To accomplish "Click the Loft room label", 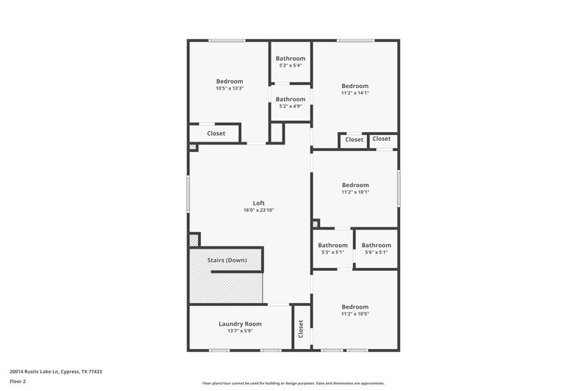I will pyautogui.click(x=258, y=203).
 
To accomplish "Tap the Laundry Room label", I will pyautogui.click(x=240, y=324).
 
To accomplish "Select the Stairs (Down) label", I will pyautogui.click(x=227, y=260).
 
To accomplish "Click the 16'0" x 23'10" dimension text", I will pyautogui.click(x=258, y=211).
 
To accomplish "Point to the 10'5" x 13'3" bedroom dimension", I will pyautogui.click(x=229, y=89).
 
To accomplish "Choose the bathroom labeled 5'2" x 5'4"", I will pyautogui.click(x=290, y=62).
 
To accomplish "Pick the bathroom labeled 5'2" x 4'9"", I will pyautogui.click(x=290, y=103).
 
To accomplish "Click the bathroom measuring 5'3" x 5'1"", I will pyautogui.click(x=332, y=249).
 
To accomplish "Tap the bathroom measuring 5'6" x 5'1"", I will pyautogui.click(x=376, y=249).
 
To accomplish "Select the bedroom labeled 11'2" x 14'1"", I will pyautogui.click(x=354, y=89).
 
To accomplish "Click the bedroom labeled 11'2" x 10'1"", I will pyautogui.click(x=354, y=189).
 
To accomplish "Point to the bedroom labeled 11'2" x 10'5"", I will pyautogui.click(x=354, y=310).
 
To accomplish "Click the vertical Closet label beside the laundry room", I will pyautogui.click(x=300, y=329).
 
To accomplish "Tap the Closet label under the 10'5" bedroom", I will pyautogui.click(x=216, y=134).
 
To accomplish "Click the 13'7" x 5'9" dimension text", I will pyautogui.click(x=240, y=331).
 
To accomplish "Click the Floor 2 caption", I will pyautogui.click(x=18, y=381).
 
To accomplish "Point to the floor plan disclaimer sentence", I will pyautogui.click(x=293, y=383).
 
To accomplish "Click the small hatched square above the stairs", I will pyautogui.click(x=194, y=239).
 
